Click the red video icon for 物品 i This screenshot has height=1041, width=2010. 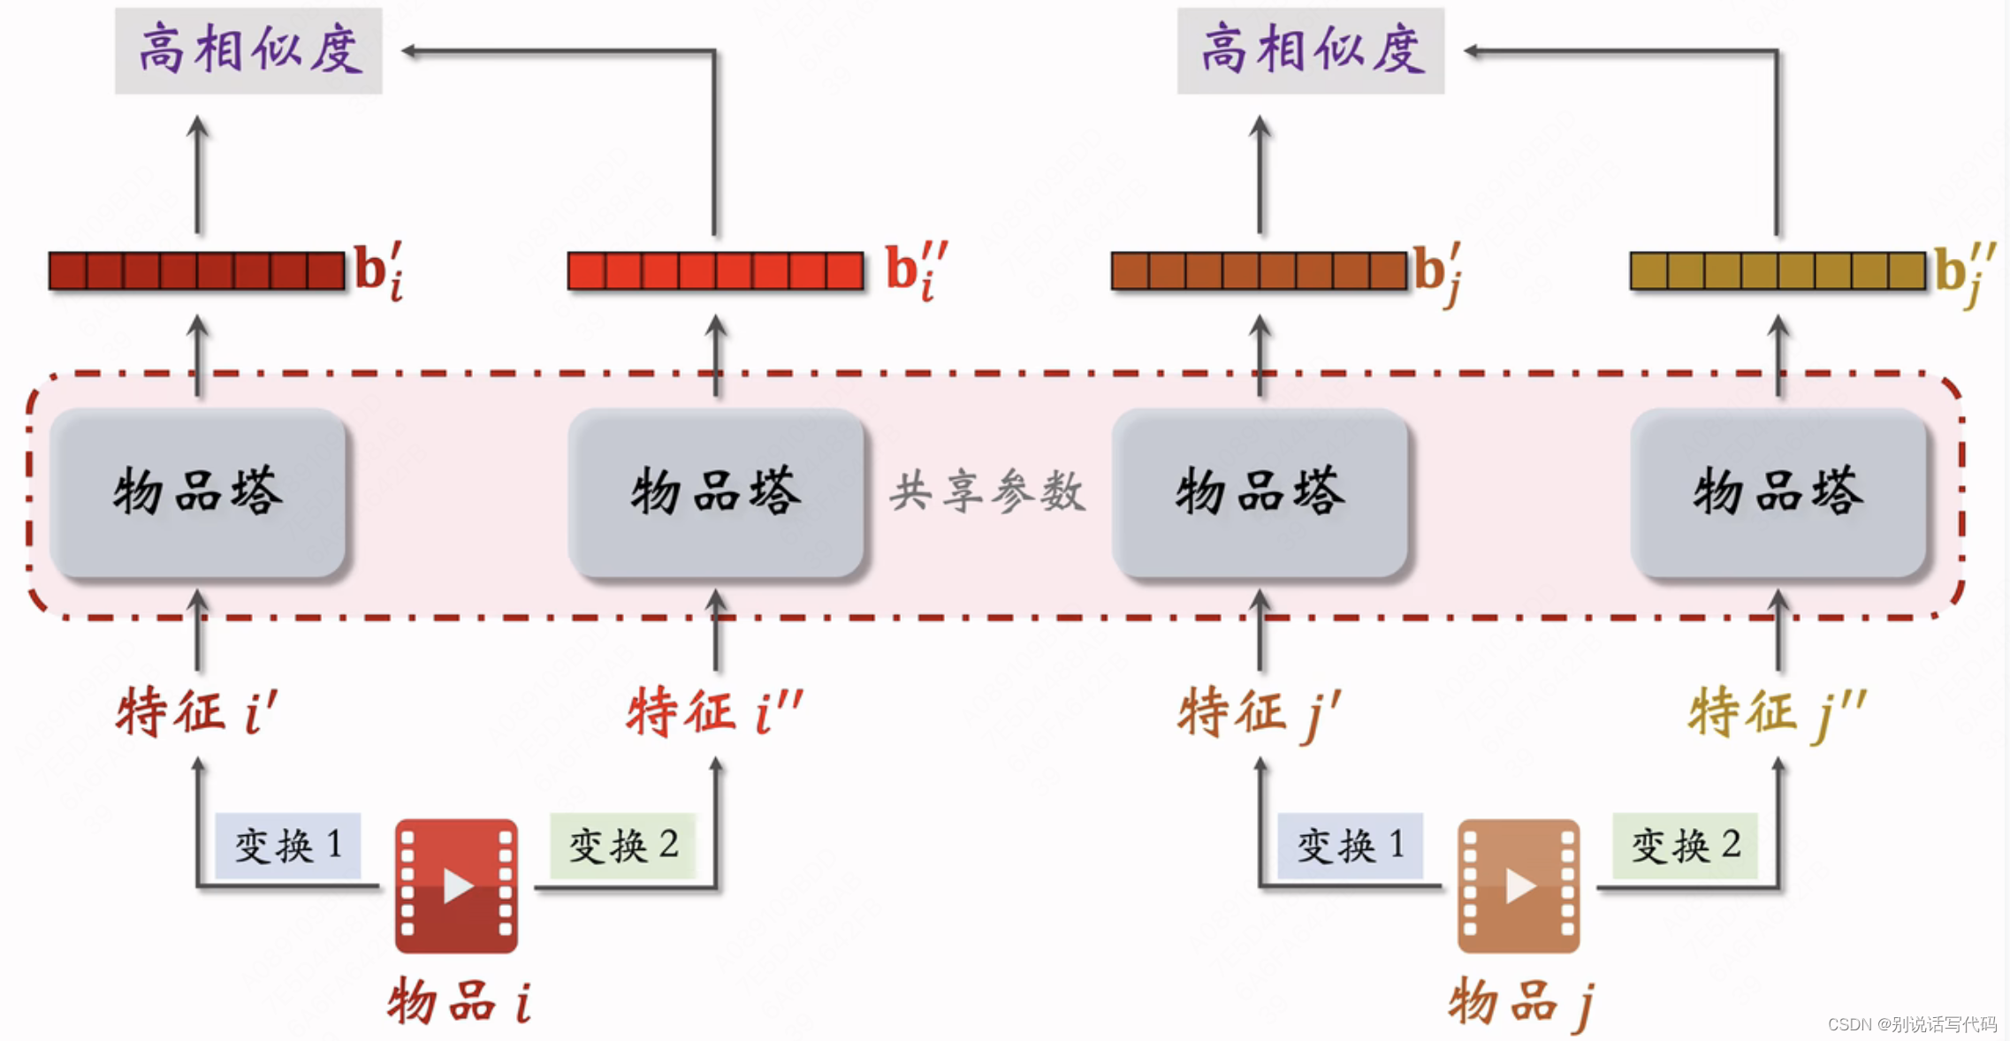click(x=456, y=885)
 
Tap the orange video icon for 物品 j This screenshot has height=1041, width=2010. click(x=1519, y=885)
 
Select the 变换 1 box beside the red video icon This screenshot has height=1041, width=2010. click(x=288, y=846)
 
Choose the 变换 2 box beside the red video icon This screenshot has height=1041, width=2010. click(x=623, y=846)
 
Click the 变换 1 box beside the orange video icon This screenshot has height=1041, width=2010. click(x=1351, y=846)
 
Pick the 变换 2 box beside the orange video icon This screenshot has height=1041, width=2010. click(x=1686, y=846)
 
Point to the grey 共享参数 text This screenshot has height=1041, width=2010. click(x=987, y=491)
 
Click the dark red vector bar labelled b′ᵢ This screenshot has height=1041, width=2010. click(x=196, y=270)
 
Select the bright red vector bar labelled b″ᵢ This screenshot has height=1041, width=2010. click(x=715, y=270)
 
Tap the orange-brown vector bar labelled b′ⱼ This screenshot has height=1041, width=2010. click(x=1259, y=270)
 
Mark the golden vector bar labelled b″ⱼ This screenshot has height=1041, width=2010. click(x=1778, y=270)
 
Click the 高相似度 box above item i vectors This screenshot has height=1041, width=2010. click(x=248, y=50)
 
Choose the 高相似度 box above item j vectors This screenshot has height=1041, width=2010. click(x=1311, y=50)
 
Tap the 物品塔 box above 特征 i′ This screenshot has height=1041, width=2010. click(x=197, y=492)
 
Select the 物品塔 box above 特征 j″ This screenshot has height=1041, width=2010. click(x=1778, y=492)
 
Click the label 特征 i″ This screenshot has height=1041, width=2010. click(x=714, y=712)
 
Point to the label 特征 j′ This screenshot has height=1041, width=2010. click(x=1259, y=712)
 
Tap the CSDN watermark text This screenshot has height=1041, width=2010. click(x=1912, y=1024)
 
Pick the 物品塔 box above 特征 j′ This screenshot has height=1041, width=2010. click(x=1260, y=492)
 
